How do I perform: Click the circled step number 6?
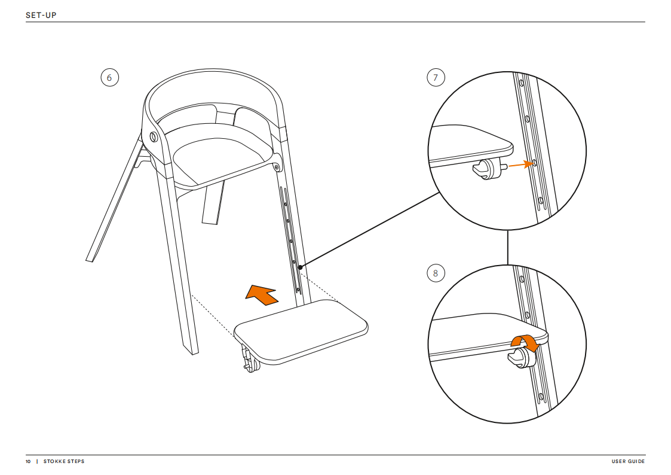pos(109,78)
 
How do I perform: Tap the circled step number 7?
pos(436,78)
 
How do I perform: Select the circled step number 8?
pos(436,274)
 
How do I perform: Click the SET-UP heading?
pos(41,14)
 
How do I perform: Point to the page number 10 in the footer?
pos(28,461)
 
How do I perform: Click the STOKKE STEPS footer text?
pos(64,461)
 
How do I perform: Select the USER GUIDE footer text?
pos(628,461)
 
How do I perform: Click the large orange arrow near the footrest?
pos(261,294)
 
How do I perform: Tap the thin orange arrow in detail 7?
pos(517,165)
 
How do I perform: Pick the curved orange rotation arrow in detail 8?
pos(525,342)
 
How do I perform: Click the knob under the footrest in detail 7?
pos(487,170)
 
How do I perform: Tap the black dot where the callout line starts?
pos(300,267)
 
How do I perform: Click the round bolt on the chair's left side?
pos(154,138)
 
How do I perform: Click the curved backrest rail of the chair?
pos(212,80)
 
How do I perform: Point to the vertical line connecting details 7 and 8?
pos(507,247)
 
